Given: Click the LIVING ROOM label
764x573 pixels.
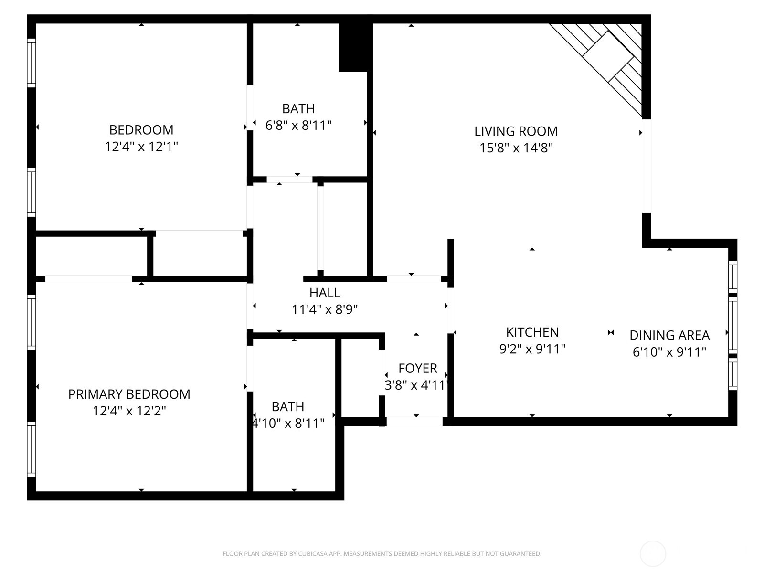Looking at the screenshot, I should point(516,131).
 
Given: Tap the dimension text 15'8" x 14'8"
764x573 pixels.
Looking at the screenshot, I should point(516,148).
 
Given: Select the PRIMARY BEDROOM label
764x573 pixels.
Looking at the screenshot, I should point(129,394).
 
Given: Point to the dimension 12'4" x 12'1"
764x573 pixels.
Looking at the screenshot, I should point(141,147).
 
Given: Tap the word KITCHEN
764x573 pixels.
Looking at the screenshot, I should point(532,332).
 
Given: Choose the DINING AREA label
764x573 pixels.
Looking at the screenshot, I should point(669,335).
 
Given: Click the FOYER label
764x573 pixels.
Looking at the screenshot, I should point(418,369).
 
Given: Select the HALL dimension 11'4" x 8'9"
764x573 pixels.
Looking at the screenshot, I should point(325,310).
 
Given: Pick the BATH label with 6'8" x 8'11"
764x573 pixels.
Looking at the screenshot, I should point(298,109).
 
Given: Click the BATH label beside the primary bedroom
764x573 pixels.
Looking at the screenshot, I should point(287,407).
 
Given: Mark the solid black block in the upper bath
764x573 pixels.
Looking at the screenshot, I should point(353,47).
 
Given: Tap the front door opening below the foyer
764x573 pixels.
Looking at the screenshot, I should point(414,422).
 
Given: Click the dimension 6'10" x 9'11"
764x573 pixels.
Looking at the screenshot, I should point(669,352).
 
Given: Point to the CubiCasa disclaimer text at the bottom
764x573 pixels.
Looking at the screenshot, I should point(382,554).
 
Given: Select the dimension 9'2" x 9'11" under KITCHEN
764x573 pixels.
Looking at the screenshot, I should point(532,349).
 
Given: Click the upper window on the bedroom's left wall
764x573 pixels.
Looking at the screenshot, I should point(31,63).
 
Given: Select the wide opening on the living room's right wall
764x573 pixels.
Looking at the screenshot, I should point(646,166).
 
